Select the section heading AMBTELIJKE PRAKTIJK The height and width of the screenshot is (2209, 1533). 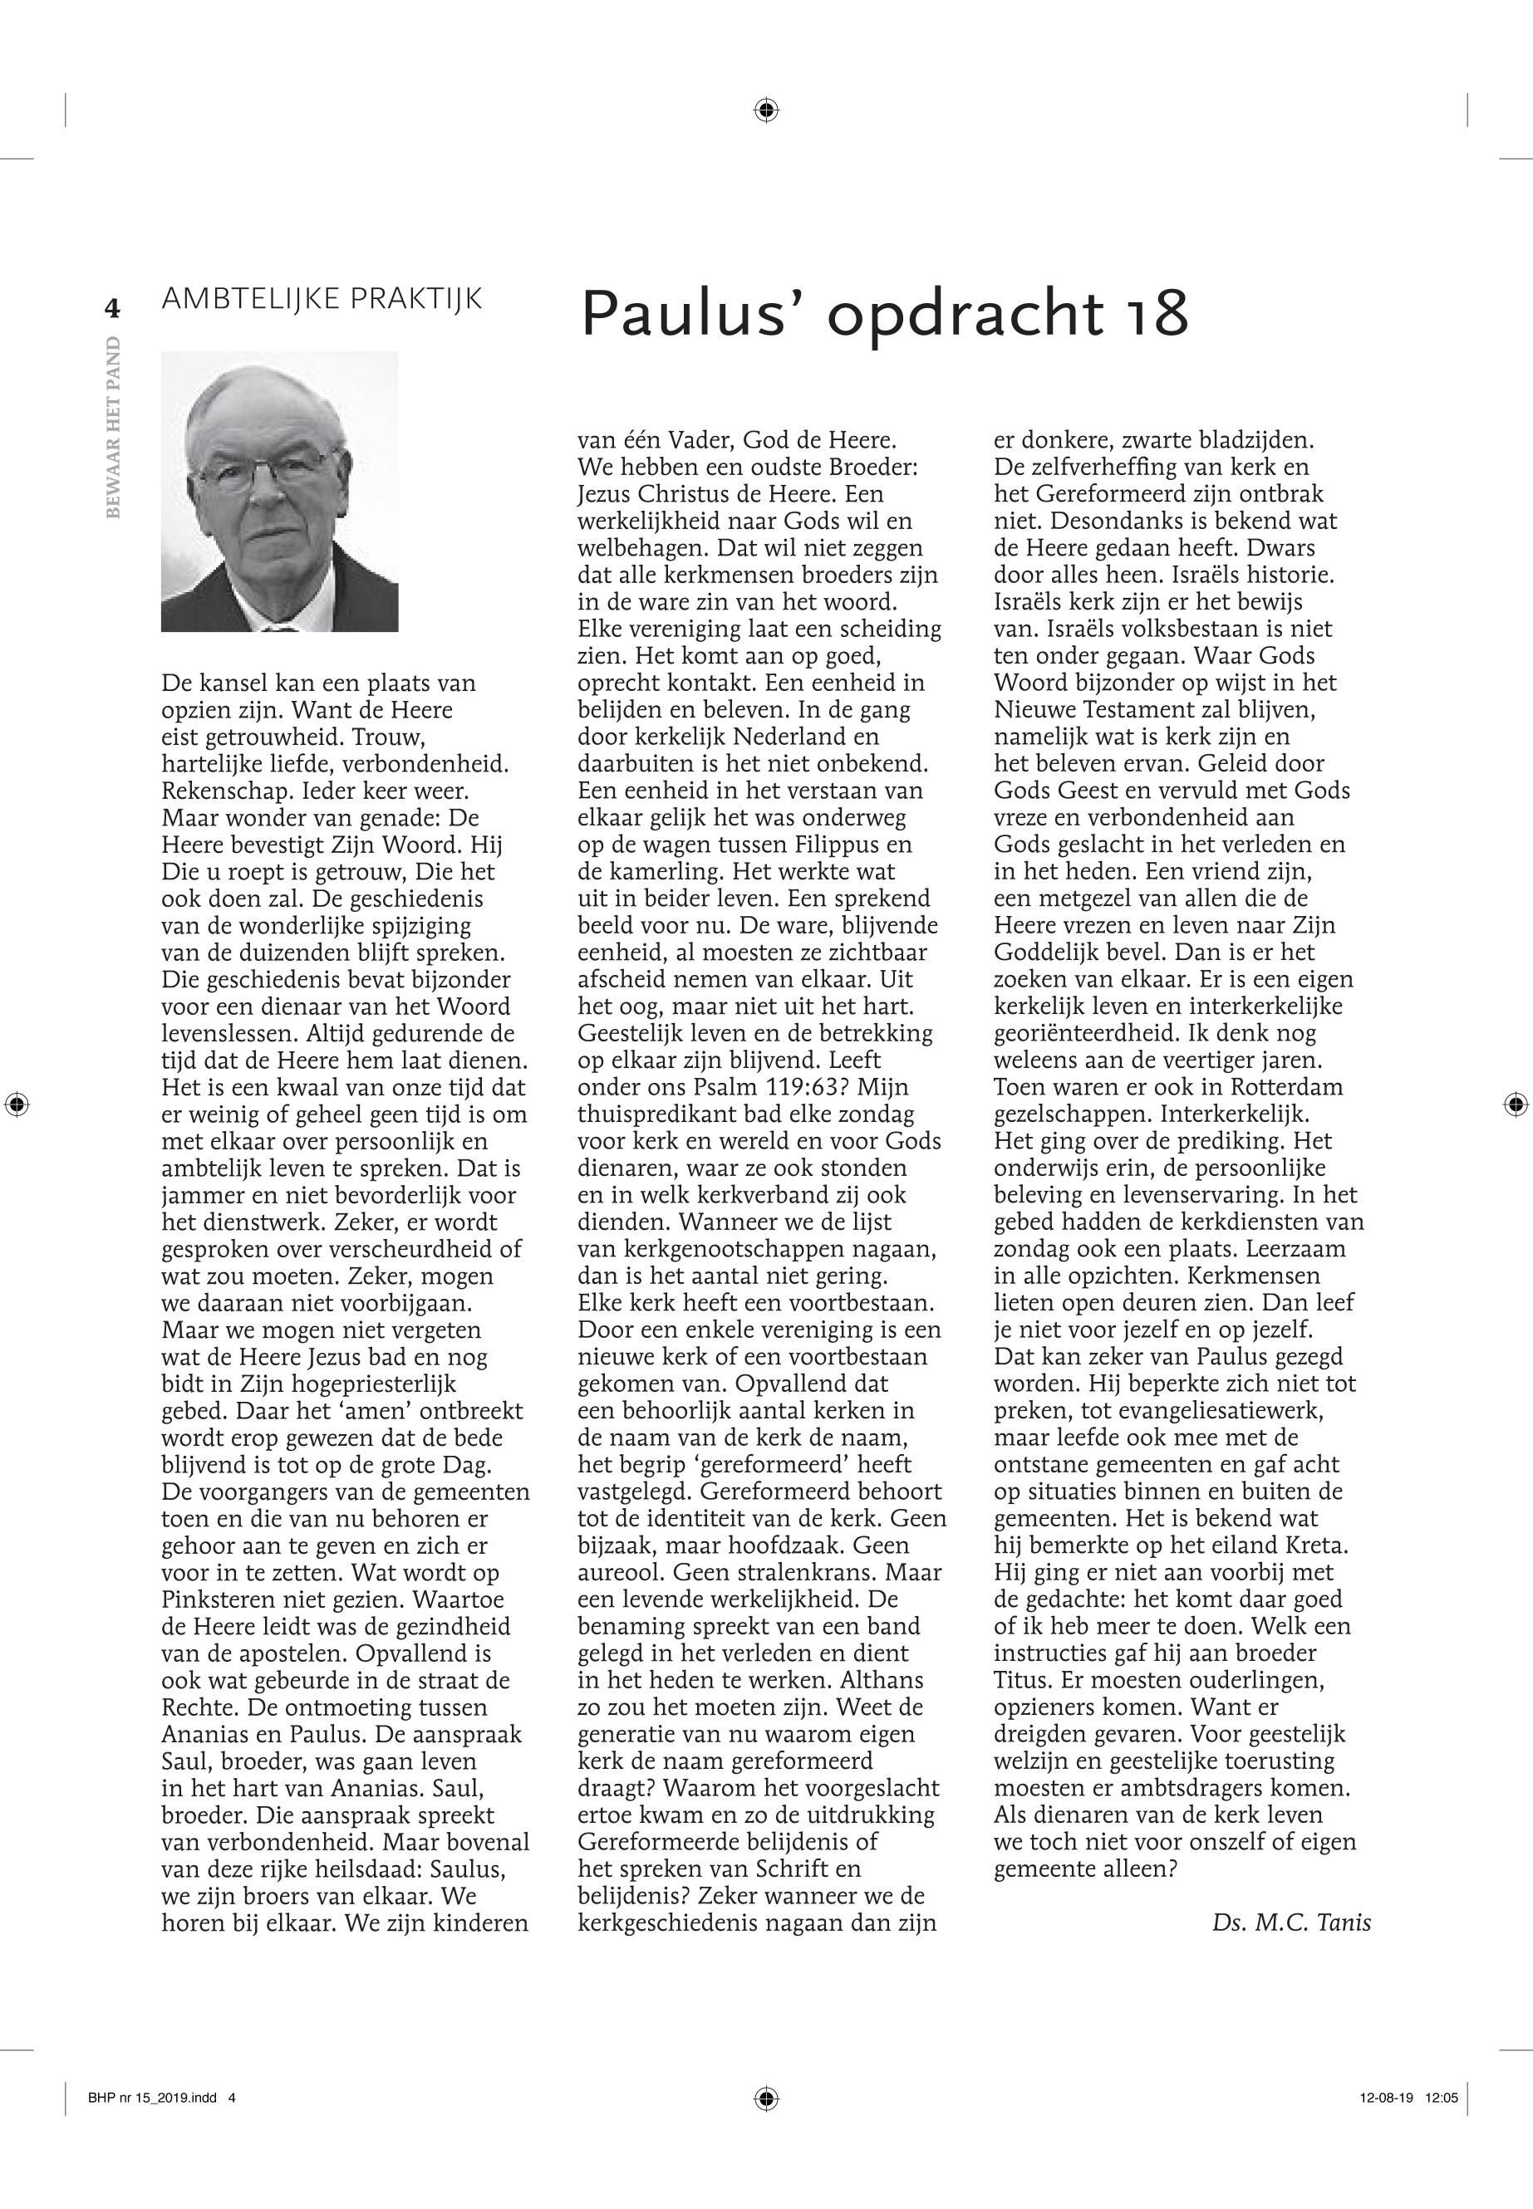[x=322, y=299]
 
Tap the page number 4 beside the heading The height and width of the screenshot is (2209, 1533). [x=112, y=309]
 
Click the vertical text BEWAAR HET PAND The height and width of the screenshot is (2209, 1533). [x=113, y=427]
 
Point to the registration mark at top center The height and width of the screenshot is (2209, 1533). [x=765, y=111]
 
